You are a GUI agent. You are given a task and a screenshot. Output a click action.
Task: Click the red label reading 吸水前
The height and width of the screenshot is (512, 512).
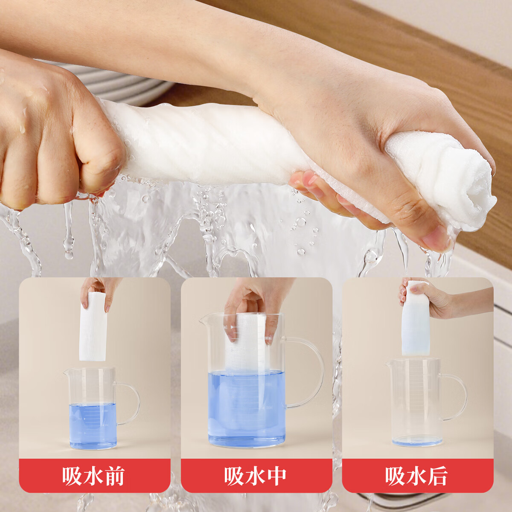(x=94, y=476)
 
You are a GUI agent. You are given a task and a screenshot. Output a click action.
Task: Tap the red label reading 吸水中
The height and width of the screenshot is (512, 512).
(x=256, y=476)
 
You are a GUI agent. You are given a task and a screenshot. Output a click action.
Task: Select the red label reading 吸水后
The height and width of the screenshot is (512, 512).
(x=417, y=476)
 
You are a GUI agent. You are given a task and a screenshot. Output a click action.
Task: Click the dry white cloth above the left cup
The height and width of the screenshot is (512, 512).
(x=93, y=326)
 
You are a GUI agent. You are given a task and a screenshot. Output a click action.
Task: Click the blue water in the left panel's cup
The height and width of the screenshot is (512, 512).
(x=93, y=425)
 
